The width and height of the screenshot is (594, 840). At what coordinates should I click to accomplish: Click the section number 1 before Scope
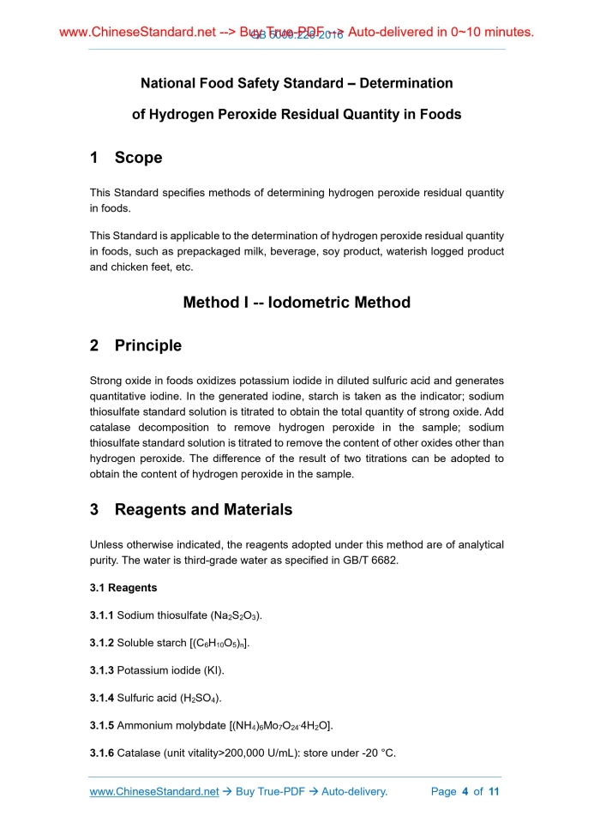93,158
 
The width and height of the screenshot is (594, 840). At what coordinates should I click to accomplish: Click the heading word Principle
148,345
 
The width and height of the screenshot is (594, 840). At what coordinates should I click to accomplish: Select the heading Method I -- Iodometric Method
297,302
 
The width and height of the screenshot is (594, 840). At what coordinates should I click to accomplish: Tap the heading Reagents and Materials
203,509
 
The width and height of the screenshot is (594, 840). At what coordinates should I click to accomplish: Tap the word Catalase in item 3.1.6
140,753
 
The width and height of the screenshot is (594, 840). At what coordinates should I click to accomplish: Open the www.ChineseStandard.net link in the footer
154,791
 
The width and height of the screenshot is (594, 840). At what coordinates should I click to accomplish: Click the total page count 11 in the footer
493,791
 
